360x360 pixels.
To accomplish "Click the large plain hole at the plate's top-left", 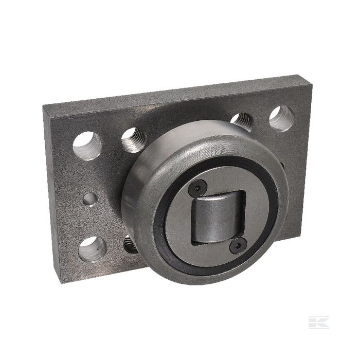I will (87, 145).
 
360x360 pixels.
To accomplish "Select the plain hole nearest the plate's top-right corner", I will (281, 118).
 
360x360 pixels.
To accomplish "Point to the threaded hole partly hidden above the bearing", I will (242, 121).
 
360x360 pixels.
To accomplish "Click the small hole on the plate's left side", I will (90, 199).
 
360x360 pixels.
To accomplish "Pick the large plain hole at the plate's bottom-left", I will (93, 249).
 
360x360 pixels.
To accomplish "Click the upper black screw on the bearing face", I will (197, 190).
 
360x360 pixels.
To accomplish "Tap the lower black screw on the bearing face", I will (237, 245).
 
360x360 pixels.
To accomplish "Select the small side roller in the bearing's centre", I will (217, 217).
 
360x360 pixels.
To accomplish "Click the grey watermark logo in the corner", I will (318, 322).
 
